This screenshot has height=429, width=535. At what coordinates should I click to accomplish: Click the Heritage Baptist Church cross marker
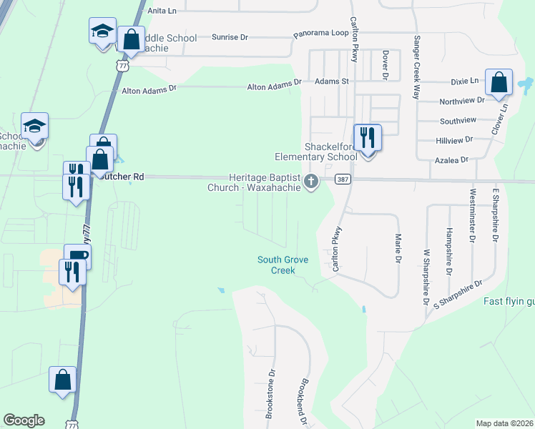pyautogui.click(x=311, y=182)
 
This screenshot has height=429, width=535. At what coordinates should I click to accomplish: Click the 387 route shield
pyautogui.click(x=343, y=179)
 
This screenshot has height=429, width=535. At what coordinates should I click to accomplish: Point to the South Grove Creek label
pyautogui.click(x=283, y=265)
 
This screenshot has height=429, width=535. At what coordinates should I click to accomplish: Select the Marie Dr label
pyautogui.click(x=398, y=246)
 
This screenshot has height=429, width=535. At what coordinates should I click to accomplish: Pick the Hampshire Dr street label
pyautogui.click(x=448, y=252)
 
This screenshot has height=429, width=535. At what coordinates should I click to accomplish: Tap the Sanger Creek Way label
pyautogui.click(x=415, y=66)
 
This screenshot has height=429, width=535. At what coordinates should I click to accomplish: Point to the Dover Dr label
pyautogui.click(x=385, y=65)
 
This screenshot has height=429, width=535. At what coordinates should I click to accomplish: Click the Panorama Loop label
pyautogui.click(x=320, y=34)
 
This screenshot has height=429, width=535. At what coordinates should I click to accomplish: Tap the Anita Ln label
pyautogui.click(x=161, y=11)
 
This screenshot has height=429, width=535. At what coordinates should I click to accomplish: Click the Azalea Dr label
pyautogui.click(x=451, y=160)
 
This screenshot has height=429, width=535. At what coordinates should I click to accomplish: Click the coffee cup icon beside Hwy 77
pyautogui.click(x=77, y=256)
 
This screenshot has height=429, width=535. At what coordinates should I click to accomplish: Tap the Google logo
pyautogui.click(x=24, y=420)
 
